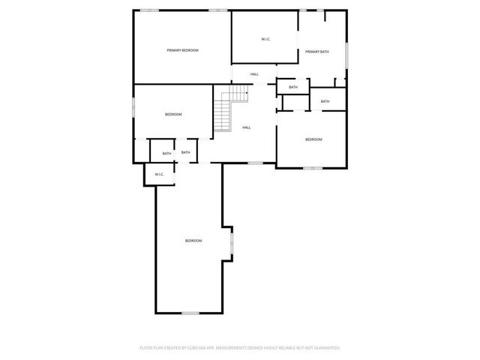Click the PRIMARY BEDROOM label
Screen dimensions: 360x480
click(182, 50)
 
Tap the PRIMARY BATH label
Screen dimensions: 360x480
click(316, 52)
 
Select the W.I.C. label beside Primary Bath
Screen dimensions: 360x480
click(266, 39)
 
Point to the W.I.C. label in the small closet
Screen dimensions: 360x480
click(159, 175)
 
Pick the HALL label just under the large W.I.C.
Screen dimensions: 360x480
click(254, 73)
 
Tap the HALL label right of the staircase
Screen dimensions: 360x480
click(247, 127)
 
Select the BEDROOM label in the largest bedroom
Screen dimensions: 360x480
click(193, 240)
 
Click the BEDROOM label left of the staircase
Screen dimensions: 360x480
click(173, 114)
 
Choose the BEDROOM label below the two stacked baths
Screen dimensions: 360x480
click(313, 139)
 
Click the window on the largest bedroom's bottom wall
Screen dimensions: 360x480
click(190, 313)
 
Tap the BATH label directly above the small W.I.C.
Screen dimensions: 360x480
click(166, 154)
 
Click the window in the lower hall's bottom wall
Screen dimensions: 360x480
click(255, 163)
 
